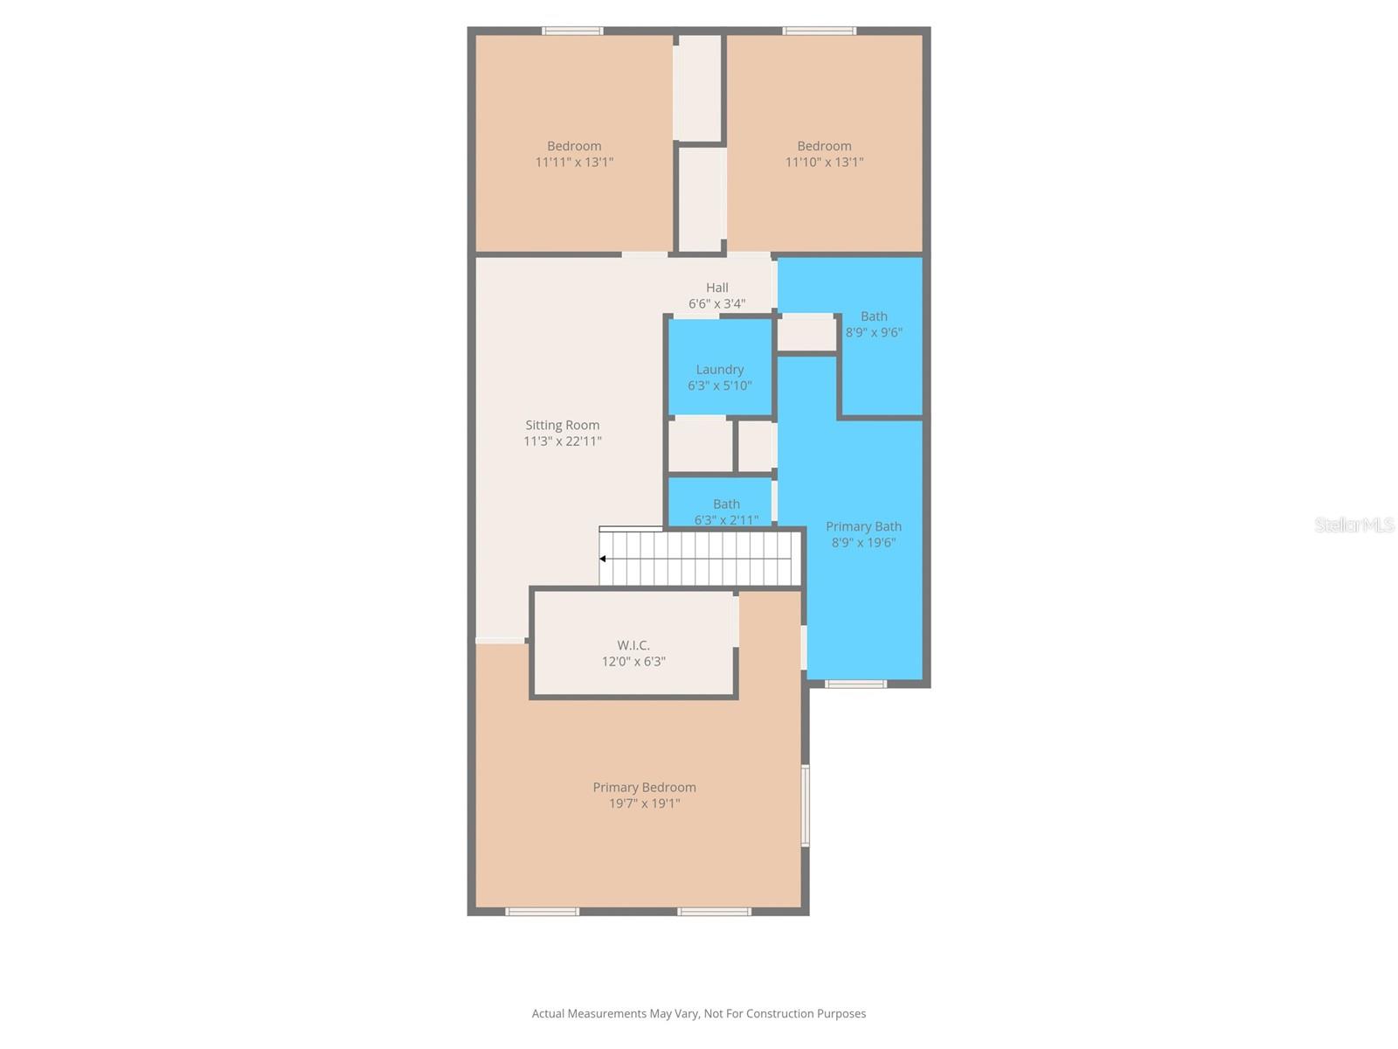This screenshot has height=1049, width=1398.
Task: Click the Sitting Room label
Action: tap(562, 425)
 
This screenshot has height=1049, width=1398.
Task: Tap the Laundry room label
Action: tap(719, 369)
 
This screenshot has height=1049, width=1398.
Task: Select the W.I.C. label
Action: tap(633, 645)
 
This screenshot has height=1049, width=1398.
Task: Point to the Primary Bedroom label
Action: tap(644, 787)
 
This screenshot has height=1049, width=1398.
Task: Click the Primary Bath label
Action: tap(863, 526)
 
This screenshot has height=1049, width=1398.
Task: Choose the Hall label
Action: tap(717, 288)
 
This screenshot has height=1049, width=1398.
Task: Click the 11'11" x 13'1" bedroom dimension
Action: tap(574, 162)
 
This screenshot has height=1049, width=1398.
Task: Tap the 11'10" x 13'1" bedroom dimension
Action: tap(824, 162)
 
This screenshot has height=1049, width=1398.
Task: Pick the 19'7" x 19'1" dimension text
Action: tap(644, 803)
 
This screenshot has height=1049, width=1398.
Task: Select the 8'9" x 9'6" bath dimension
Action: tap(874, 332)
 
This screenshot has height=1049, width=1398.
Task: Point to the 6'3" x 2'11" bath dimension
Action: tap(726, 520)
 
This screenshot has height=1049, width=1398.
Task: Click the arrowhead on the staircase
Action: tap(603, 559)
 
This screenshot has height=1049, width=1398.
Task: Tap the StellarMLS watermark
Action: tap(1354, 524)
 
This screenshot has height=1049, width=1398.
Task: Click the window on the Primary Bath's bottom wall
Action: tap(855, 684)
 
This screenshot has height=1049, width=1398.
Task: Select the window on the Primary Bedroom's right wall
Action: tap(806, 805)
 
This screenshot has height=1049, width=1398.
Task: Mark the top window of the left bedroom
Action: tap(572, 31)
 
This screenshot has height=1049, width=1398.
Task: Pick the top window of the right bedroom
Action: tap(819, 31)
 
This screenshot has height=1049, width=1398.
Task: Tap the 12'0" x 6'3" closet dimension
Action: tap(633, 662)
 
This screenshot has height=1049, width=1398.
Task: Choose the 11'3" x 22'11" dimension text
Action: tap(562, 441)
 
